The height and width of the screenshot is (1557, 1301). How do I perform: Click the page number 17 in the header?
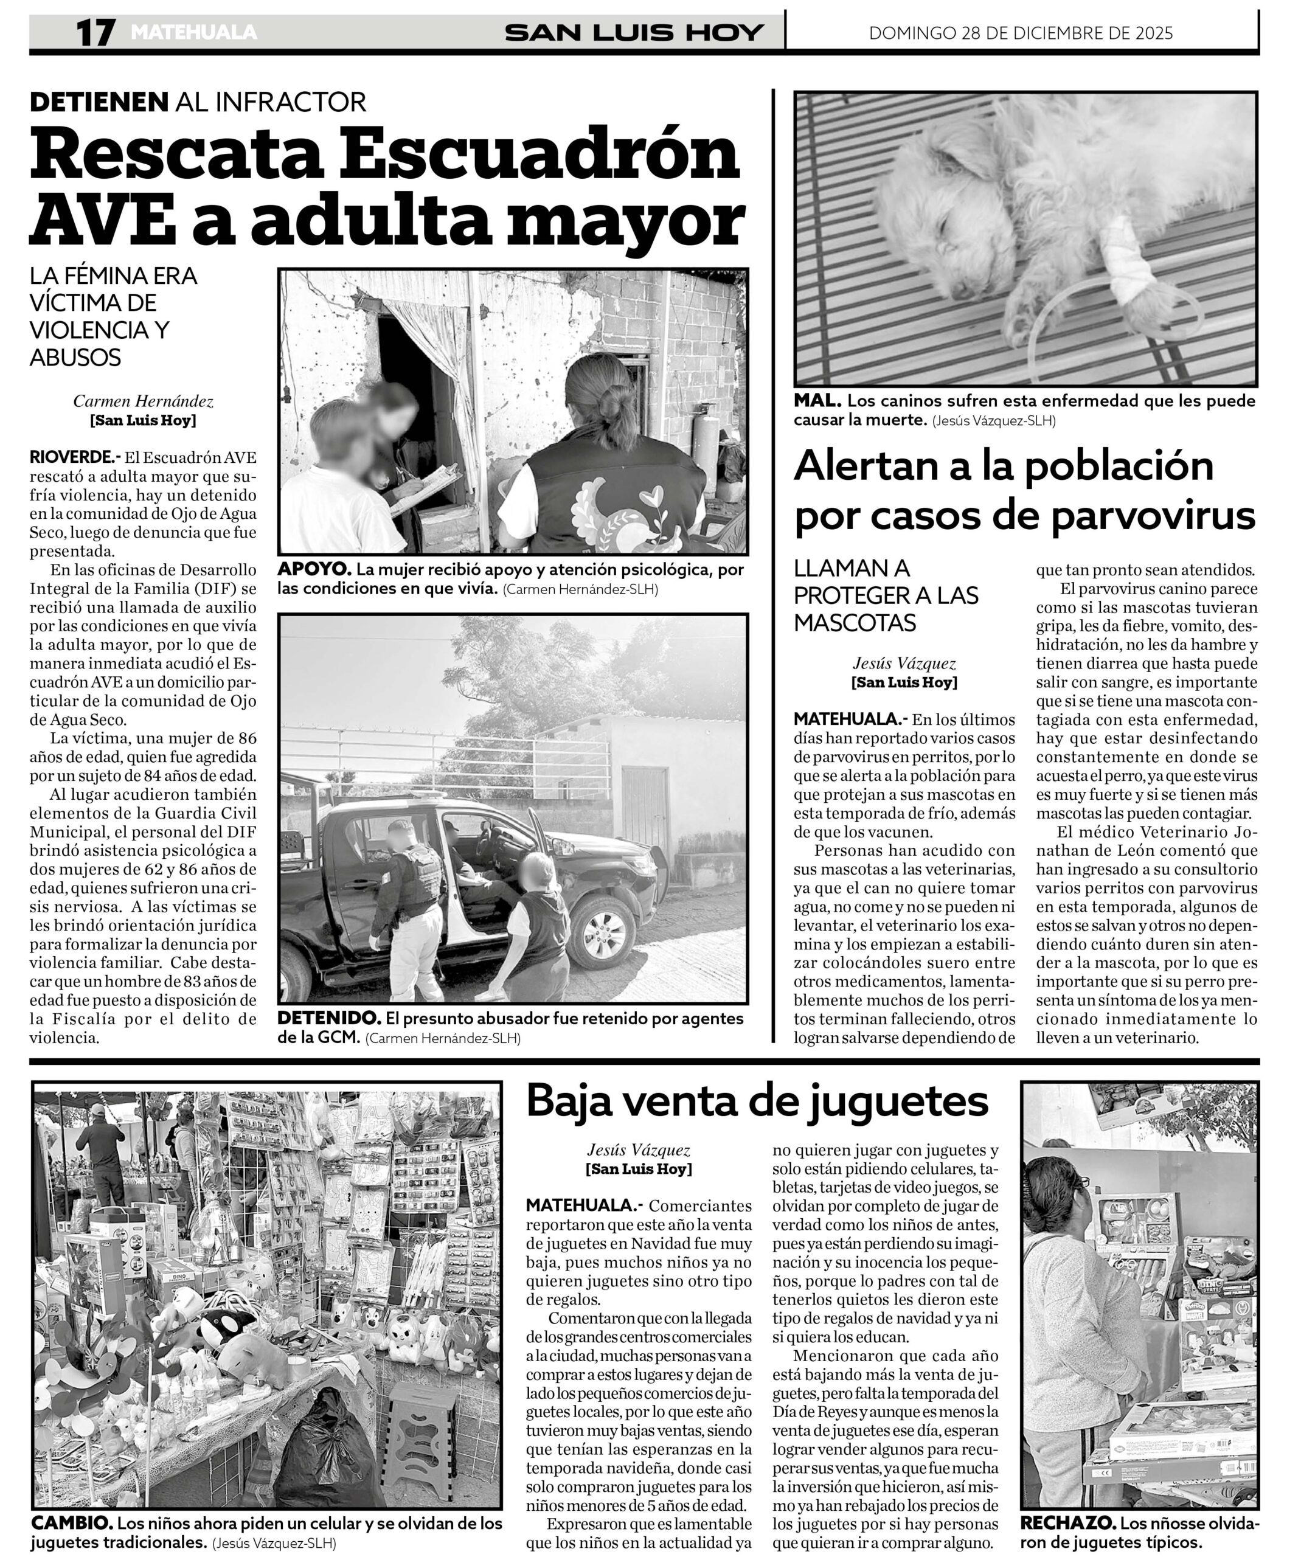point(95,33)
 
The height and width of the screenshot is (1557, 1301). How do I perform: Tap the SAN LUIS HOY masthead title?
point(634,33)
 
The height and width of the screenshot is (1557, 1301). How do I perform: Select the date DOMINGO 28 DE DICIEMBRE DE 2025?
point(1021,33)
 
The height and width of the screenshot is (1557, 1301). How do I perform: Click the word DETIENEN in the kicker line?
point(99,102)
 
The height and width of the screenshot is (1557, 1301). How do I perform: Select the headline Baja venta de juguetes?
point(757,1101)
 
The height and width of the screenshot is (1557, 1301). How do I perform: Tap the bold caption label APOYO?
point(314,570)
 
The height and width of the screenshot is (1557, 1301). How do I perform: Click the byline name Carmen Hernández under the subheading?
point(143,402)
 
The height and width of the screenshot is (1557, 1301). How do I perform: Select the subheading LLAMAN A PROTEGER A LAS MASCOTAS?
point(886,595)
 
